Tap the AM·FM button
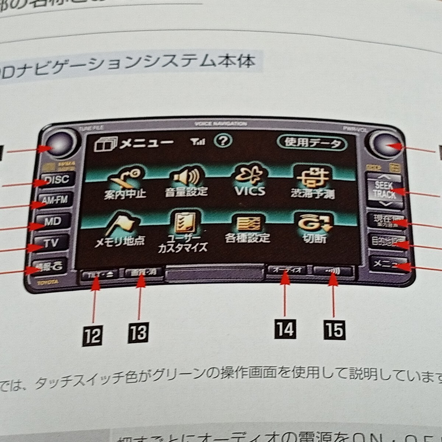tap(55, 200)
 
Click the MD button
tap(53, 221)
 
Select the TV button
tap(51, 243)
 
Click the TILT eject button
tap(98, 274)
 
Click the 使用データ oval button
tap(312, 143)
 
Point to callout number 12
tap(92, 336)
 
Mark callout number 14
tap(285, 329)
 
